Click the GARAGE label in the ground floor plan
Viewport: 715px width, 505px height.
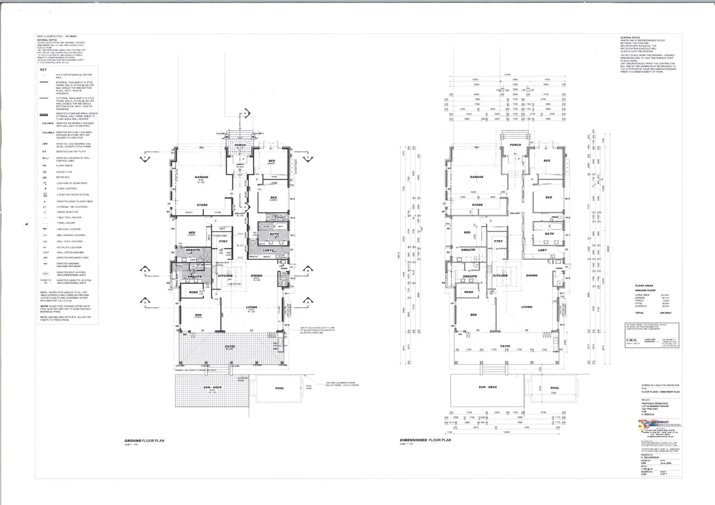(202, 177)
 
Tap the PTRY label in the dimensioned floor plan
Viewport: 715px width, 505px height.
(498, 241)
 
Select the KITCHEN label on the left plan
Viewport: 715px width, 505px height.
(225, 275)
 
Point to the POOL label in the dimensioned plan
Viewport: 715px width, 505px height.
(554, 388)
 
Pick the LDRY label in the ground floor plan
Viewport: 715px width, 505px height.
(268, 250)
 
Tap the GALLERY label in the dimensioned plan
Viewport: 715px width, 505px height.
(515, 213)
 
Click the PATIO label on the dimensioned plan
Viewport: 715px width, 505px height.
(505, 346)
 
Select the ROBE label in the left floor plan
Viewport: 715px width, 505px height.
(193, 292)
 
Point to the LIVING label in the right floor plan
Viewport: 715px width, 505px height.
(527, 307)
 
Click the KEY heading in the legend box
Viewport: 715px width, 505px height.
(43, 70)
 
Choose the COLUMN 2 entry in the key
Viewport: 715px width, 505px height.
(48, 132)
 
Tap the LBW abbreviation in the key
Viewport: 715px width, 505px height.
(45, 144)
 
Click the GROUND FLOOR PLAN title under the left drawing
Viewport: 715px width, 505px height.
(144, 440)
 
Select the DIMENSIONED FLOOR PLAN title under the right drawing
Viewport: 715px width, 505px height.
(425, 440)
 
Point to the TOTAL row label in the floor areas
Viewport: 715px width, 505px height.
(639, 313)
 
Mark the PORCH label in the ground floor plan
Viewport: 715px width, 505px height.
(240, 145)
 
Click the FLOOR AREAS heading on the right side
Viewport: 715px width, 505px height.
(644, 285)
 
